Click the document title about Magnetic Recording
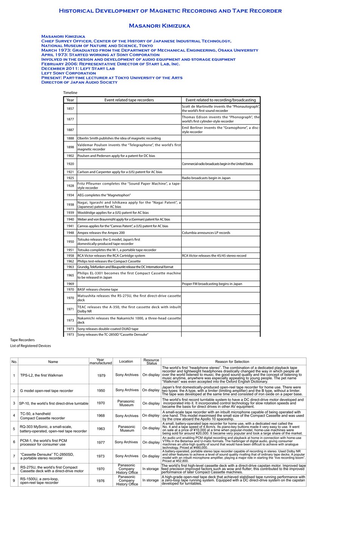[170, 11]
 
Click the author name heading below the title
[159, 26]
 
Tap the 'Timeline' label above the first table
[70, 93]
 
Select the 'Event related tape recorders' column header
[129, 100]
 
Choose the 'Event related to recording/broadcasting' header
[220, 100]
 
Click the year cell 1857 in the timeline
[70, 109]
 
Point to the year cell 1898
[70, 147]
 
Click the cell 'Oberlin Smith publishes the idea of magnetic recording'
[119, 138]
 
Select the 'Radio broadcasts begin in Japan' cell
[206, 178]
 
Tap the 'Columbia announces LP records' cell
[206, 233]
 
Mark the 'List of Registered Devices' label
[30, 346]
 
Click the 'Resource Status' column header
[151, 362]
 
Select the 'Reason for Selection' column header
[232, 362]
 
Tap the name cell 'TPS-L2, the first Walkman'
[42, 375]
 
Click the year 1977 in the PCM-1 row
[101, 442]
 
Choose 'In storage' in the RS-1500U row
[151, 480]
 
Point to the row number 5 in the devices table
[14, 429]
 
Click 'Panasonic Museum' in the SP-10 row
[126, 403]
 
